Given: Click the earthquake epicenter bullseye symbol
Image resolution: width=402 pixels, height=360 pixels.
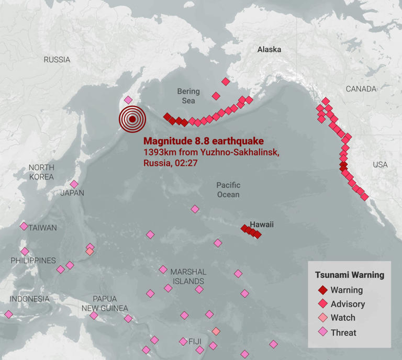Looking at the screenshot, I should point(132,119).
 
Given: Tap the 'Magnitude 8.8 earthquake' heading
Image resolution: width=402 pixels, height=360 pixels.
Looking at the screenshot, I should point(203,141).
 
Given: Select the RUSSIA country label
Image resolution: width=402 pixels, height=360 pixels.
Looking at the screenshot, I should point(57,60).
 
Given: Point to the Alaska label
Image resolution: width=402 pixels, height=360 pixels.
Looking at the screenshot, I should point(269,50).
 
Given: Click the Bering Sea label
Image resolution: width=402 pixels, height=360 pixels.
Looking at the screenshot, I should point(188,96).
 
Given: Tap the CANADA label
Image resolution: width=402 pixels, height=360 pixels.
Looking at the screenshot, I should point(361,89).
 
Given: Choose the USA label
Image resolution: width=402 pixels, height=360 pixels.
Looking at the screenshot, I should point(380,165).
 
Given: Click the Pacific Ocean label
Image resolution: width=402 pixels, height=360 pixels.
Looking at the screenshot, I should point(228,190).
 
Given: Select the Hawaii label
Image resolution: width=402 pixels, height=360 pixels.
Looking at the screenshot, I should point(261,224).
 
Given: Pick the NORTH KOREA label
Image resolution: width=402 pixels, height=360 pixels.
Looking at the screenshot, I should point(41,172).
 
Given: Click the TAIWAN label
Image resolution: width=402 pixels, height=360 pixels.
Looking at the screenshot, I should point(43,228).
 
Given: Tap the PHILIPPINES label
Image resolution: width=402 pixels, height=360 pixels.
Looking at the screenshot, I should point(33,261).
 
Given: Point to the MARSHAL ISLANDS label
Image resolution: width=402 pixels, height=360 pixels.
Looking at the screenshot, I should point(188,277).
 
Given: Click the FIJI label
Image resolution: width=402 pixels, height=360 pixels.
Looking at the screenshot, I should point(195,342).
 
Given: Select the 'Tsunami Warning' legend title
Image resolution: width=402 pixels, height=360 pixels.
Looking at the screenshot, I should point(349,275).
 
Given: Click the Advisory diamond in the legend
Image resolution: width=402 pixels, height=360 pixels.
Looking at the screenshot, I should point(323,304).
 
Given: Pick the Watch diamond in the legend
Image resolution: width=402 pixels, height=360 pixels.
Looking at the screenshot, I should point(323,318).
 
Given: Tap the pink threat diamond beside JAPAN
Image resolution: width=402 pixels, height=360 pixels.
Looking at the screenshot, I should point(74,184).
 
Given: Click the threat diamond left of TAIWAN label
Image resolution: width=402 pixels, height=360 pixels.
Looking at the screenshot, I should point(24,227).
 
